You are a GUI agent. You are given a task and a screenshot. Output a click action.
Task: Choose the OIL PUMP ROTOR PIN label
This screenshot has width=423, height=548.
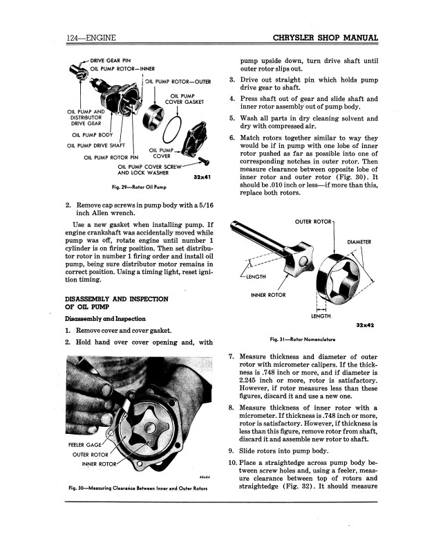[x=107, y=156]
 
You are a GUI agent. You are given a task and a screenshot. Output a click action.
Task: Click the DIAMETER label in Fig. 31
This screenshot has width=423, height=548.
[x=359, y=241]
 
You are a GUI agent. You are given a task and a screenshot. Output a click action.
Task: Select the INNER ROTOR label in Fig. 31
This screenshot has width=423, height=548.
[x=267, y=295]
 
